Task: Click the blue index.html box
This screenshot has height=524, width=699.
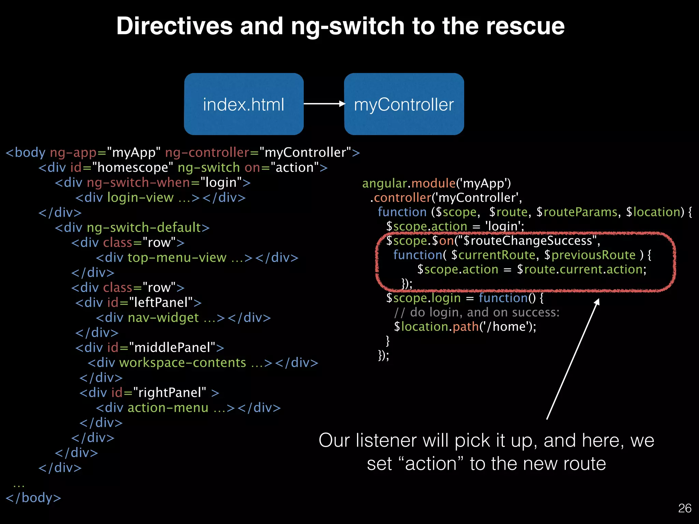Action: click(244, 104)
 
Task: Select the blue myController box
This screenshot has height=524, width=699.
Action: click(404, 104)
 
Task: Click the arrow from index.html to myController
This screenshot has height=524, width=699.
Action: click(324, 104)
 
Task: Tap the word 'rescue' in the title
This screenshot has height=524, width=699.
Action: click(525, 26)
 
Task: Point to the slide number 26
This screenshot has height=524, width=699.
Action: click(684, 508)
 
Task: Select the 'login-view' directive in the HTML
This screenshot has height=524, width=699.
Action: click(140, 198)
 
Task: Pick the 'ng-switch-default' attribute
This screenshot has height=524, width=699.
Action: click(144, 228)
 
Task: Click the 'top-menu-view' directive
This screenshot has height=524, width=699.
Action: click(177, 258)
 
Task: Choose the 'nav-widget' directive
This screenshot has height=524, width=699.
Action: click(163, 318)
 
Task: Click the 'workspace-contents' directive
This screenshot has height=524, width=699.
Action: click(182, 363)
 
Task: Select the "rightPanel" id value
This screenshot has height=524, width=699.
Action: click(170, 393)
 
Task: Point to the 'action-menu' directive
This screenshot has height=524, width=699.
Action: click(168, 408)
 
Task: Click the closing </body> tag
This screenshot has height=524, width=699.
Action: click(33, 498)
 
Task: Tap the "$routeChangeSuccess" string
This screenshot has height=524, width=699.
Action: click(527, 241)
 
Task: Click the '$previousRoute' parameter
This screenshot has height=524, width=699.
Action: click(590, 255)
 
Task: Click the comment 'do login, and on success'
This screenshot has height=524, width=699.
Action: click(485, 312)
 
